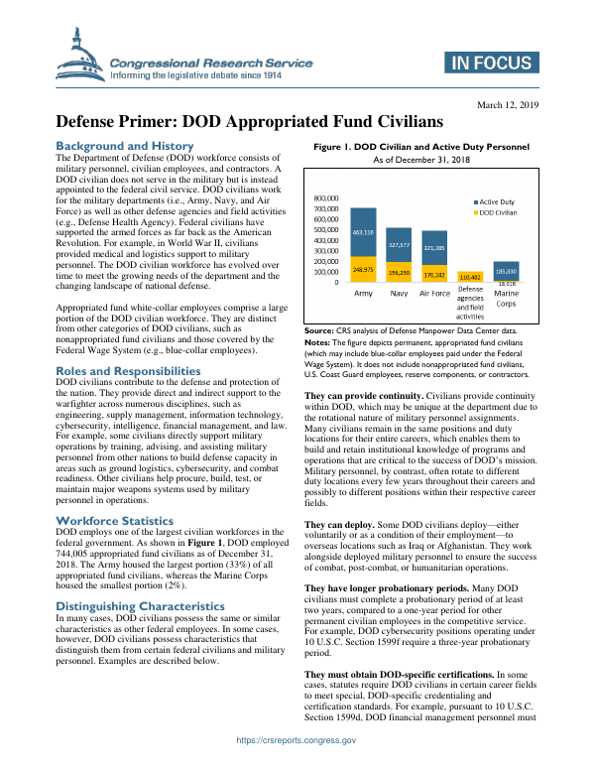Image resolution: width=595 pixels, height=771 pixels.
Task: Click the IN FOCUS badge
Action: pos(490,64)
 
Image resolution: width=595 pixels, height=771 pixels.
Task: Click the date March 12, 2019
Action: pos(509,104)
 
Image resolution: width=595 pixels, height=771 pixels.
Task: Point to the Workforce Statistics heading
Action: pos(115,521)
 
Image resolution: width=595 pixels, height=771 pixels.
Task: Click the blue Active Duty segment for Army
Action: pos(363,232)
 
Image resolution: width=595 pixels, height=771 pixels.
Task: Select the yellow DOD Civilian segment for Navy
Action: pos(400,271)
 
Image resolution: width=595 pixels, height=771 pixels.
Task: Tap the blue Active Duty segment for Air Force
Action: pos(434,247)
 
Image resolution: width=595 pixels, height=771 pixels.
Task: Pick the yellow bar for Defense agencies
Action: pos(470,277)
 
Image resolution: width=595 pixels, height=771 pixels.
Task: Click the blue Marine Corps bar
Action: pos(506,270)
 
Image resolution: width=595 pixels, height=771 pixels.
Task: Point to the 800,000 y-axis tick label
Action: pos(327,197)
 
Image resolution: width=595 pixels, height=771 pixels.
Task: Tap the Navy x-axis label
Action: pos(399,294)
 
